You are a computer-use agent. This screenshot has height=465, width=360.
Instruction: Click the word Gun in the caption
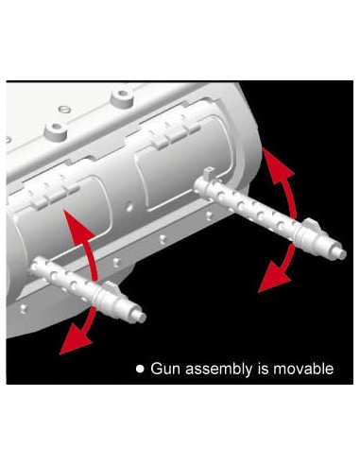tap(165, 369)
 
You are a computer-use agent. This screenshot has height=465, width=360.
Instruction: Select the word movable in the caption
tap(303, 369)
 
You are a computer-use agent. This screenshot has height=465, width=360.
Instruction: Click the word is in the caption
tap(263, 369)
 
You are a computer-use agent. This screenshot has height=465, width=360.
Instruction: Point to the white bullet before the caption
tap(140, 369)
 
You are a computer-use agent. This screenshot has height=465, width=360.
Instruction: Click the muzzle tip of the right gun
tap(344, 254)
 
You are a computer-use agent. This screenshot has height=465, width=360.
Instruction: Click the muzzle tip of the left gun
tap(143, 318)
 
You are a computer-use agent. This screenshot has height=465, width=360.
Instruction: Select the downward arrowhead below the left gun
tap(75, 341)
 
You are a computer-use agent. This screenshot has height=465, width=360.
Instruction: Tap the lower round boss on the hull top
tap(56, 129)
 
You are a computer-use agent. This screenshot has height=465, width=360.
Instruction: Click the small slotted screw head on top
tap(63, 110)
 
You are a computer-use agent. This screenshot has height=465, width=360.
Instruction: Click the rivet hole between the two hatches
tap(129, 207)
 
